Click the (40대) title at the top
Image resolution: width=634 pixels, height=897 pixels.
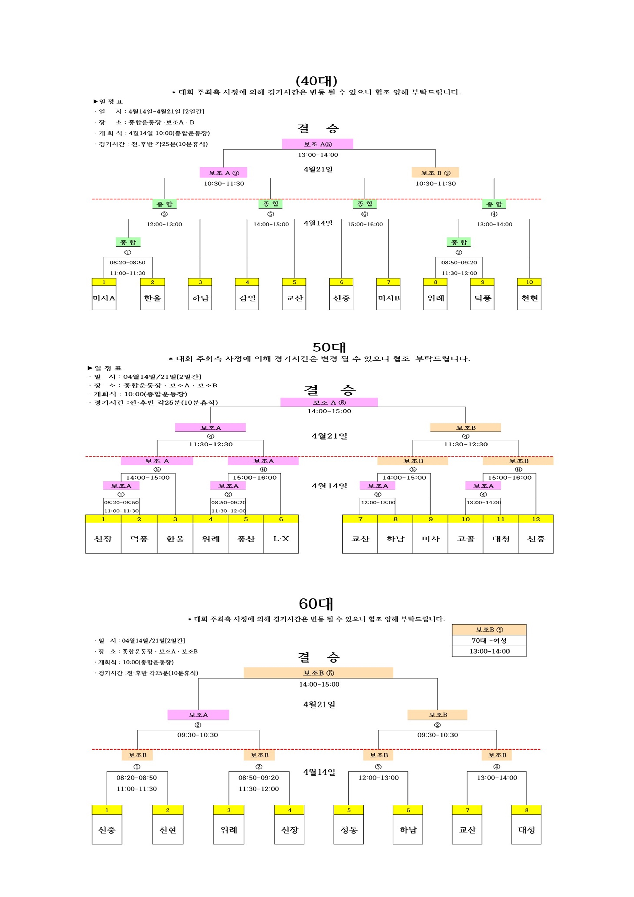pyautogui.click(x=316, y=81)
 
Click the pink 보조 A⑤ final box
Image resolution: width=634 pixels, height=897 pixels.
pyautogui.click(x=318, y=144)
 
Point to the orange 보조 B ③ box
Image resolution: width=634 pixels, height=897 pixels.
pyautogui.click(x=435, y=173)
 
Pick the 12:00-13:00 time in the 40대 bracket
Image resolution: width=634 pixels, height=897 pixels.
pyautogui.click(x=164, y=224)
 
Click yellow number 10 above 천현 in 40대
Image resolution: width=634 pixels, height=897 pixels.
pyautogui.click(x=529, y=282)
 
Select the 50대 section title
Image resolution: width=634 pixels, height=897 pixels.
pyautogui.click(x=329, y=347)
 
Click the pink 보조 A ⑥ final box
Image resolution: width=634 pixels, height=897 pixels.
pyautogui.click(x=329, y=402)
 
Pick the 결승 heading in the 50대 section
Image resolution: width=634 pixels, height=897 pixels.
pyautogui.click(x=330, y=389)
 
